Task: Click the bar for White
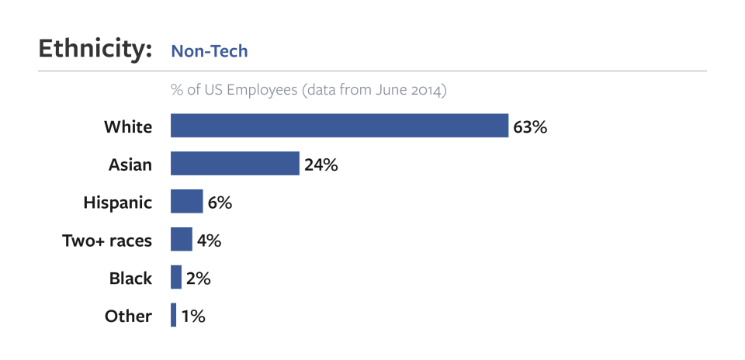coord(339,126)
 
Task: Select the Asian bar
coord(235,164)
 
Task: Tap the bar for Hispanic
coord(186,202)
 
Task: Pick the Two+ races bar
coord(182,240)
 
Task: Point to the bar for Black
coord(176,278)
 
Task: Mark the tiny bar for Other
coord(173,316)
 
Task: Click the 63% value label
coord(530,126)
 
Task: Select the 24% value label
coord(321,164)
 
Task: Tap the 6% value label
coord(220,202)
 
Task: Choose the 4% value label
coord(209,241)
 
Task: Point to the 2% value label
coord(198,279)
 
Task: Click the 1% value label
coord(192,317)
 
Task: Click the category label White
coord(128,126)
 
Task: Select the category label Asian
coord(130,164)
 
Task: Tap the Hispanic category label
coord(118,202)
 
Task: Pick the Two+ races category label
coord(107,241)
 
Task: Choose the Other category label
coord(128,317)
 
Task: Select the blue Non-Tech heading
coord(210,51)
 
